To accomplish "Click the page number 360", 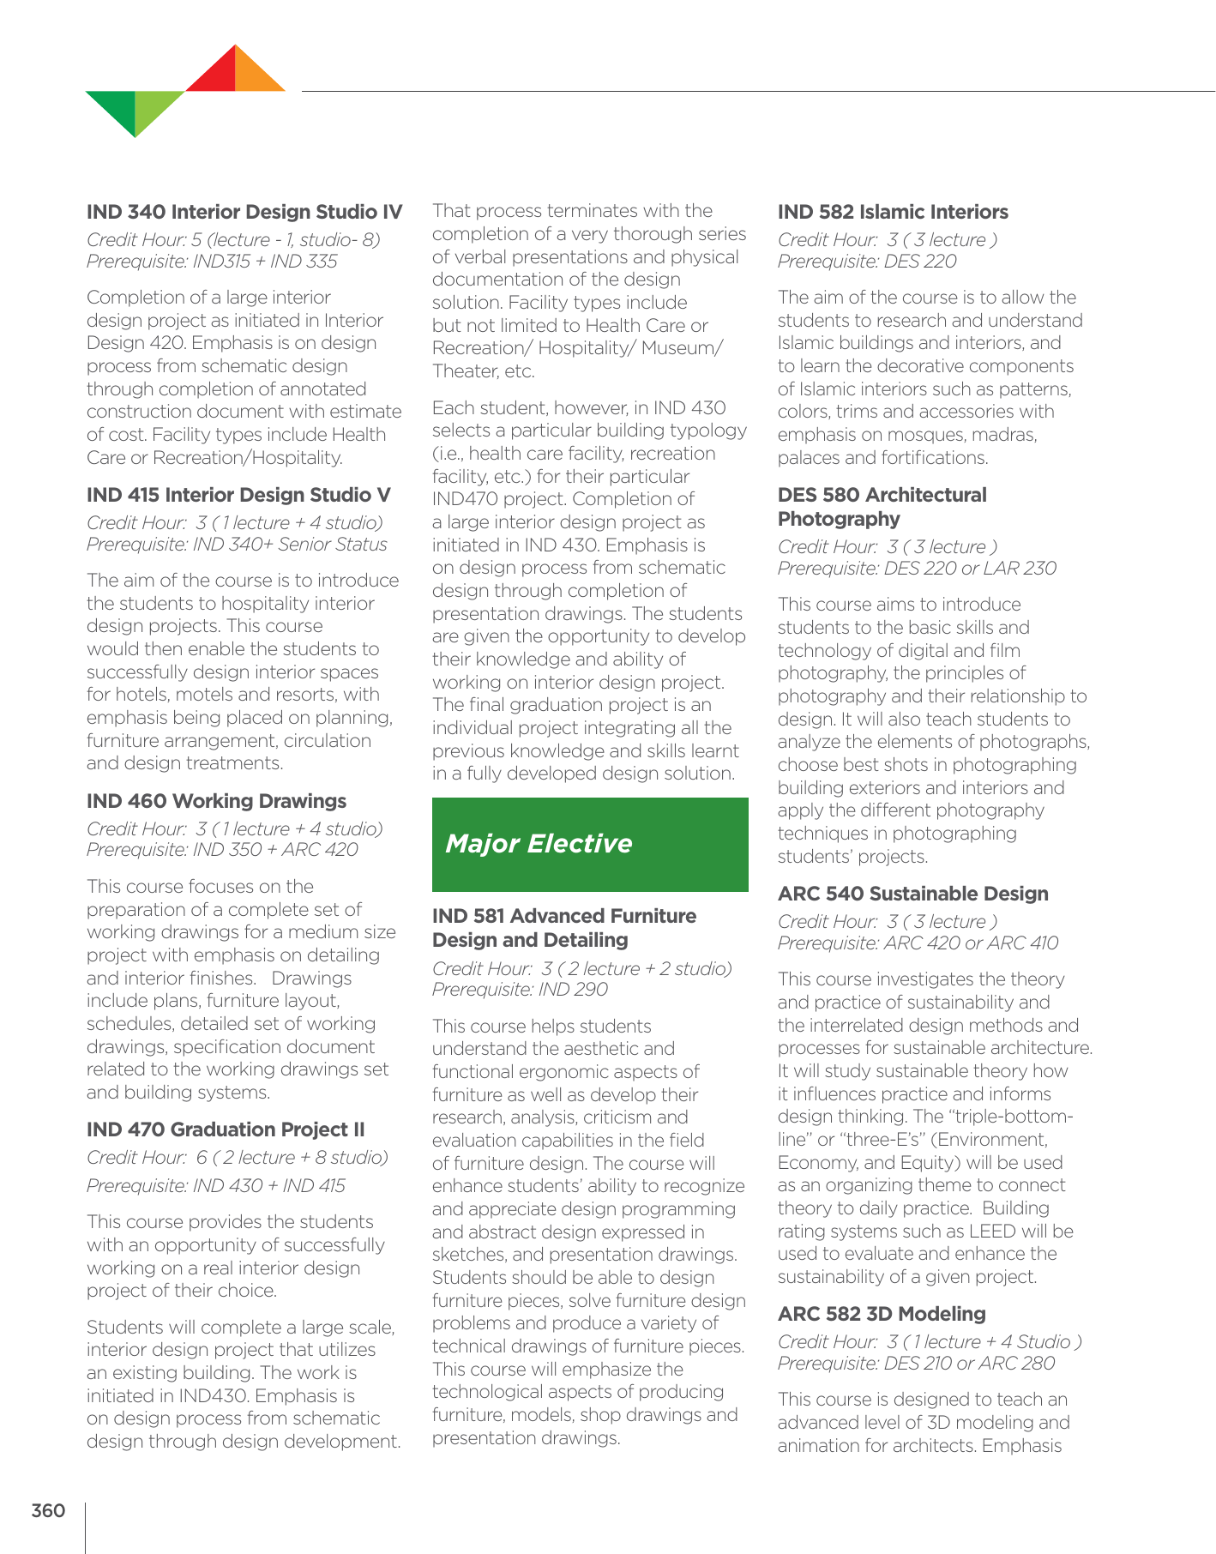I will (x=48, y=1510).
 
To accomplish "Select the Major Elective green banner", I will (x=590, y=845).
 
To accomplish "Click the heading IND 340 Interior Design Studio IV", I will (x=244, y=212).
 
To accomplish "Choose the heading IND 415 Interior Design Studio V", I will (x=238, y=495).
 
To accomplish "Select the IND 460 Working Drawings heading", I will (x=216, y=801).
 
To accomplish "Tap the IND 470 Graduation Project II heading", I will (x=226, y=1129).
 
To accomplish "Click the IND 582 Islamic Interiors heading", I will (x=893, y=212).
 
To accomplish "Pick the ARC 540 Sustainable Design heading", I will (x=912, y=894).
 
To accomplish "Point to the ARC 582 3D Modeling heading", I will (x=882, y=1314).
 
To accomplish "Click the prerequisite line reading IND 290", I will (x=520, y=990).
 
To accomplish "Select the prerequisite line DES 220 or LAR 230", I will (x=917, y=569).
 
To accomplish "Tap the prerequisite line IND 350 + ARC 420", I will (x=222, y=850).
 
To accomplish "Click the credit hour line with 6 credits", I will (x=237, y=1158).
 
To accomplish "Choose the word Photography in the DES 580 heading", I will (x=827, y=519).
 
